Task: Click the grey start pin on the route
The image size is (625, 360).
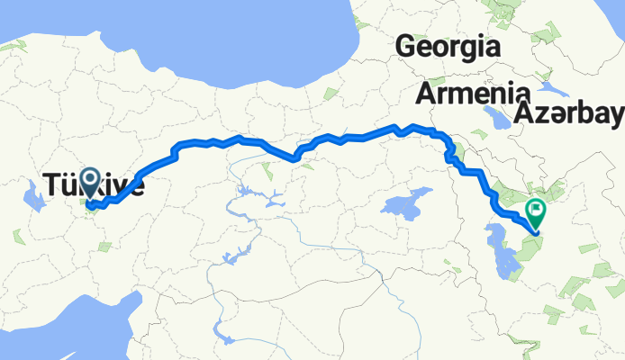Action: pos(90,183)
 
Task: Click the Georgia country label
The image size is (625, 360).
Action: pos(448,45)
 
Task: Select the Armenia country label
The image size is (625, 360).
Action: pos(473,93)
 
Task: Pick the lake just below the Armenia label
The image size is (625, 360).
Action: pos(495,117)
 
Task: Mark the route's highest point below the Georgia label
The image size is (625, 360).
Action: pos(412,126)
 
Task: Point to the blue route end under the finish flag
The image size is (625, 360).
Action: pos(536,232)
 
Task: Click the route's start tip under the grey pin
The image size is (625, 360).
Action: pos(90,205)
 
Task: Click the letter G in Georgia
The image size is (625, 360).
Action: pos(406,45)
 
